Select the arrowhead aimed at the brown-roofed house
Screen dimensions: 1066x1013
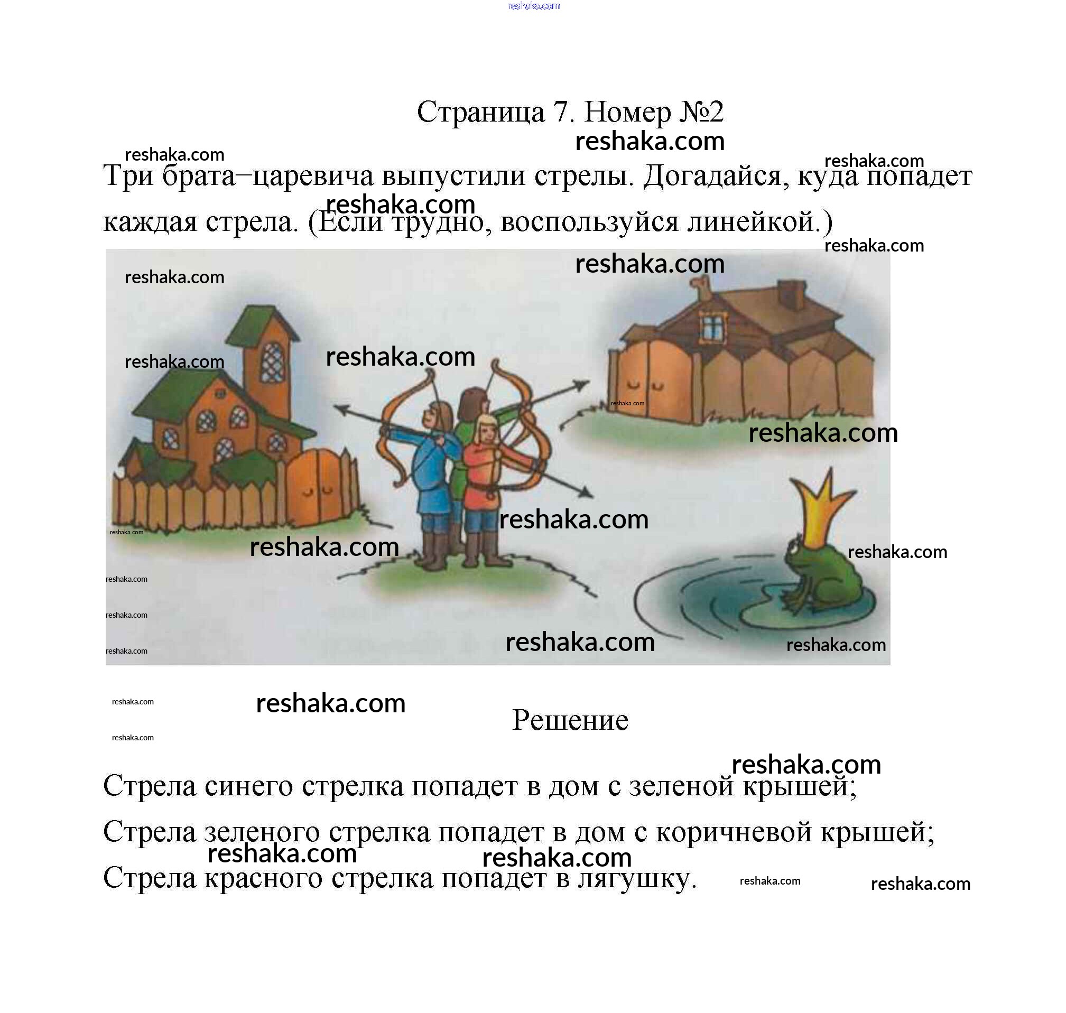pos(580,385)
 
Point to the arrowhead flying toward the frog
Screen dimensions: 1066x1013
pos(585,492)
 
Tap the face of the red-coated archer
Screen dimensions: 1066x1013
pos(488,430)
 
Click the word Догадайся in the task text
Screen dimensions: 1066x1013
pos(712,176)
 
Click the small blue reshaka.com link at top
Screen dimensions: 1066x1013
pos(534,6)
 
